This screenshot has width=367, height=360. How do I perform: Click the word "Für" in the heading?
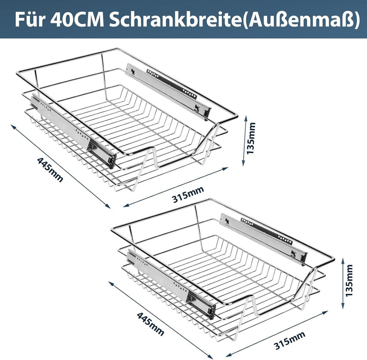(x=30, y=19)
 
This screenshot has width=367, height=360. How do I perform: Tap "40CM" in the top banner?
(x=77, y=19)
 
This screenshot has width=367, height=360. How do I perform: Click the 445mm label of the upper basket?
(x=49, y=170)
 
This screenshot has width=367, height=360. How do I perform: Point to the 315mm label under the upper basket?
(x=188, y=192)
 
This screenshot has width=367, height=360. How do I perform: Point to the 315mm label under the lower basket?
(x=289, y=340)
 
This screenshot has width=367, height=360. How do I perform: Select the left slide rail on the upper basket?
(x=71, y=127)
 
